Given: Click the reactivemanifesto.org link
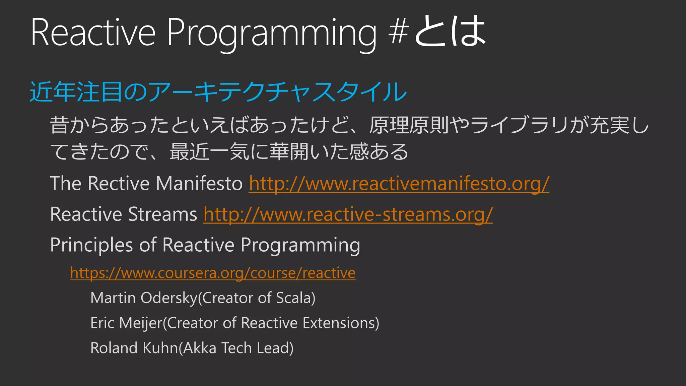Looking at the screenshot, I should click(399, 184).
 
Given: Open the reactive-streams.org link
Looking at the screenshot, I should click(348, 214).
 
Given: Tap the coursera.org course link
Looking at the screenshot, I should click(213, 273).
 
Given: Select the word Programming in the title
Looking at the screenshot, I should click(271, 34).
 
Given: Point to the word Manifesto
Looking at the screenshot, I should click(199, 184).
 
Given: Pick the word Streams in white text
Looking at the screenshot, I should click(162, 214).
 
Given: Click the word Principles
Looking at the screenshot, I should click(91, 245).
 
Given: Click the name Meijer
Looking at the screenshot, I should click(141, 323).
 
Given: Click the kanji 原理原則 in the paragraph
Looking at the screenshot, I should click(409, 125).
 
